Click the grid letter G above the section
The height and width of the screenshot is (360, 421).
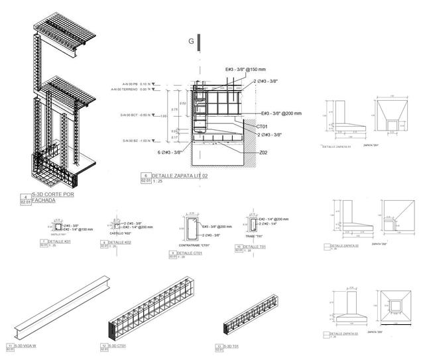coord(191,41)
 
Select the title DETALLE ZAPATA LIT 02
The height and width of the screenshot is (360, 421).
coord(180,176)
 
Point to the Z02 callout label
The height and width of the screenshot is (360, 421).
coord(263,153)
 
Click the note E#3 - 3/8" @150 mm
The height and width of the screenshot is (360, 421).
coord(246,69)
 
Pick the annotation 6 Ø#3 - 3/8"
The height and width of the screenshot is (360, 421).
coord(170,152)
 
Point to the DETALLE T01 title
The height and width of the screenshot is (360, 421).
coord(254,247)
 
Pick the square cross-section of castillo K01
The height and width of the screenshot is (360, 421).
coord(58,227)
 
